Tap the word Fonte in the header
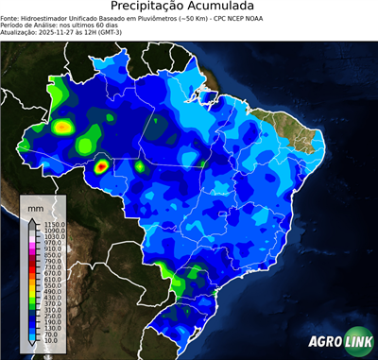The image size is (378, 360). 10,17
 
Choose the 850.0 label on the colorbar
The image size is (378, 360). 46,254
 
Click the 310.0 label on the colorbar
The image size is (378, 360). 46,310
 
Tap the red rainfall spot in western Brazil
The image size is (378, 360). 101,169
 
